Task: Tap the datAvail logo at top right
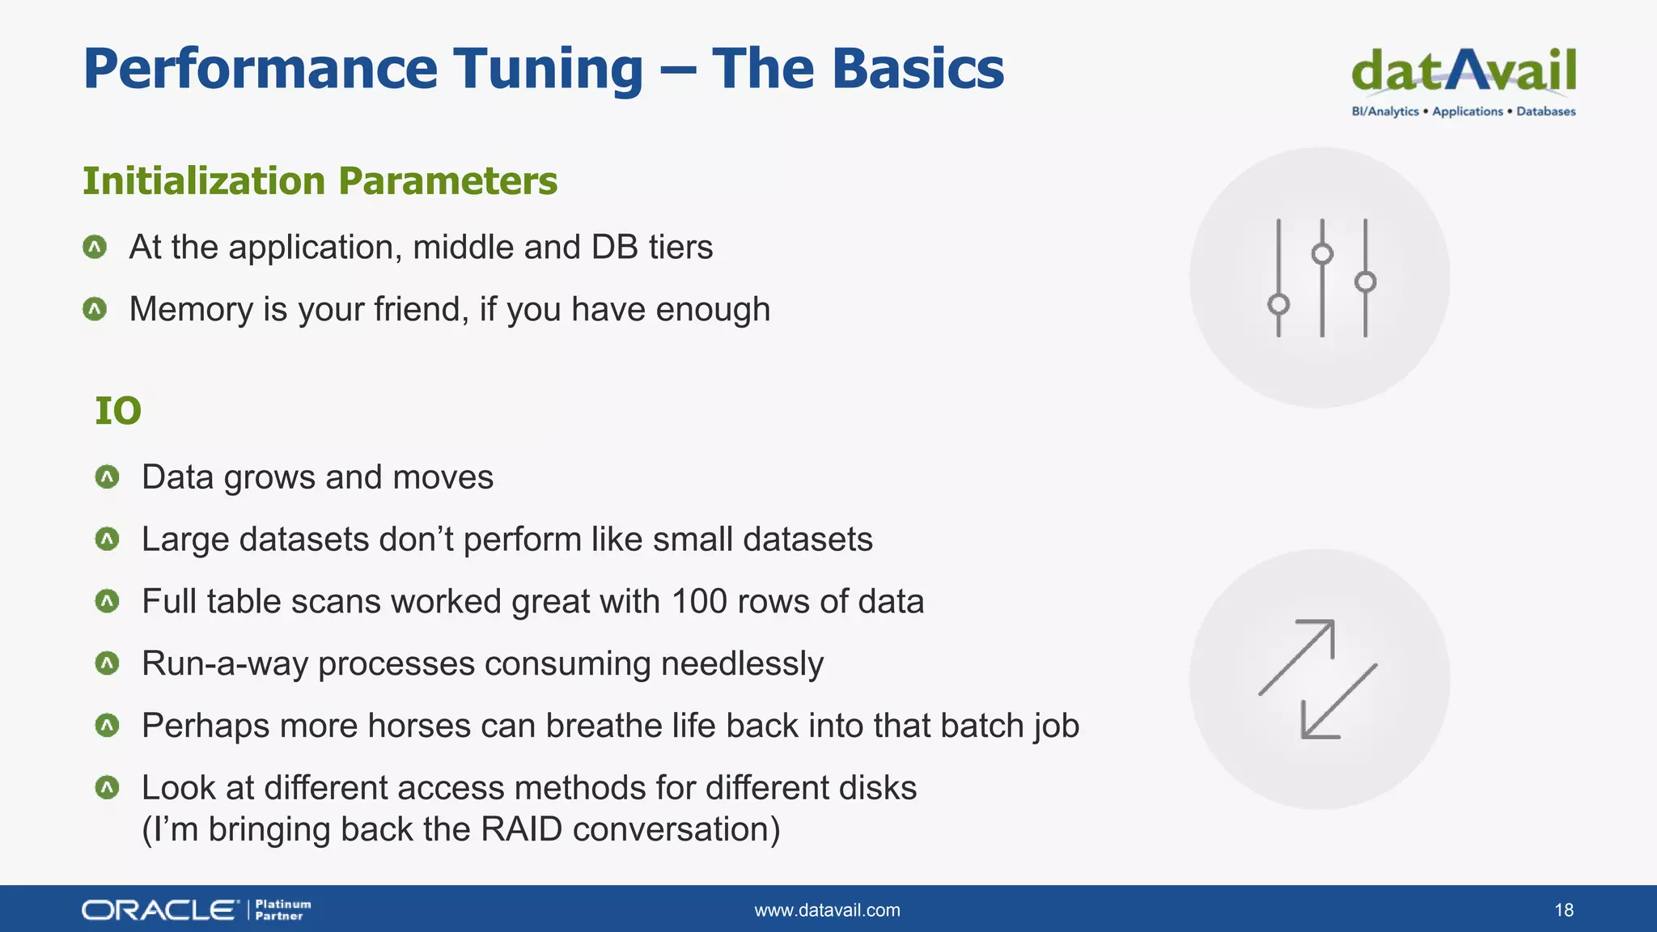point(1463,71)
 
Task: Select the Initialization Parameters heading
point(320,180)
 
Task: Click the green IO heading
point(118,410)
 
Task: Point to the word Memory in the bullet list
point(190,309)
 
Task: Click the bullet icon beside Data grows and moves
point(107,477)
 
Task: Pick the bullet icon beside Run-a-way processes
point(107,663)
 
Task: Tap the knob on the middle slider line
point(1322,254)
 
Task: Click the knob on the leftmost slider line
point(1278,304)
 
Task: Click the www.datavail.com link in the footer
point(827,910)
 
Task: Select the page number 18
point(1563,910)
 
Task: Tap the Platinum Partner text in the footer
point(282,910)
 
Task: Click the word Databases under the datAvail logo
point(1545,112)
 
